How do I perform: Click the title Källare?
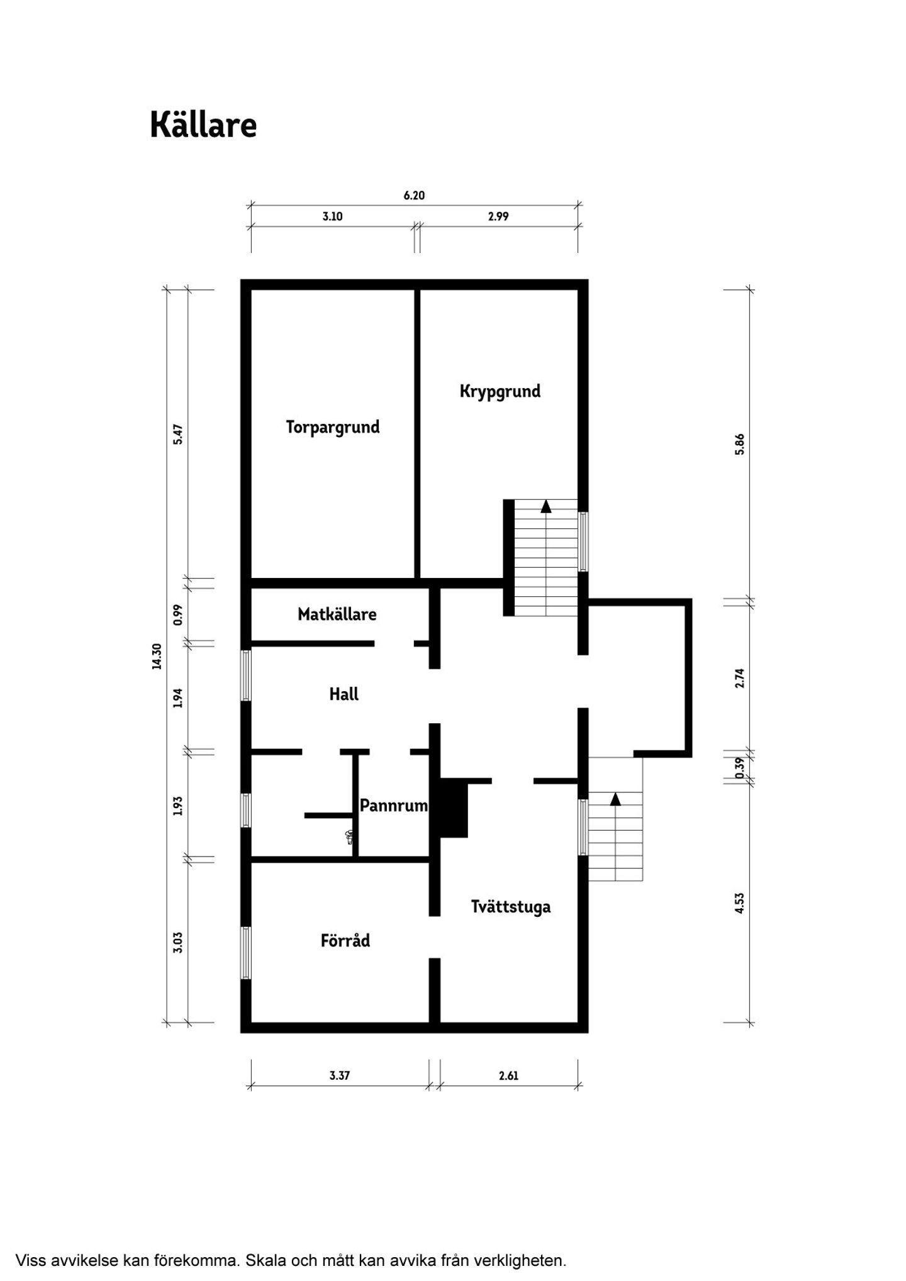point(203,125)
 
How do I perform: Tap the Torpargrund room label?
point(333,428)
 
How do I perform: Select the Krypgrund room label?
point(500,391)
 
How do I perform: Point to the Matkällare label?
point(337,614)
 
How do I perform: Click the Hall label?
point(344,694)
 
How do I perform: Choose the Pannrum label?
point(394,805)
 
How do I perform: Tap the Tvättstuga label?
point(511,907)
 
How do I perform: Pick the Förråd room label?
point(345,941)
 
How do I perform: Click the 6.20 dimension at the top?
point(414,196)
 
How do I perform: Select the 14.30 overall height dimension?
point(157,656)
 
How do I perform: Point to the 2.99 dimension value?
point(498,216)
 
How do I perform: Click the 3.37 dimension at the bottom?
point(340,1075)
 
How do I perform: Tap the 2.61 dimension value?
point(508,1075)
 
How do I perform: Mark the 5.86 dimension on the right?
point(740,445)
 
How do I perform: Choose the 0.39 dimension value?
point(740,767)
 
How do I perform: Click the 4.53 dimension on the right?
point(740,903)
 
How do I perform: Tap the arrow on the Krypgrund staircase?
point(546,506)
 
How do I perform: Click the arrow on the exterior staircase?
point(615,799)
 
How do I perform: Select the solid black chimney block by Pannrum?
point(454,808)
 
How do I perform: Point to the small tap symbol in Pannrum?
point(349,836)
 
